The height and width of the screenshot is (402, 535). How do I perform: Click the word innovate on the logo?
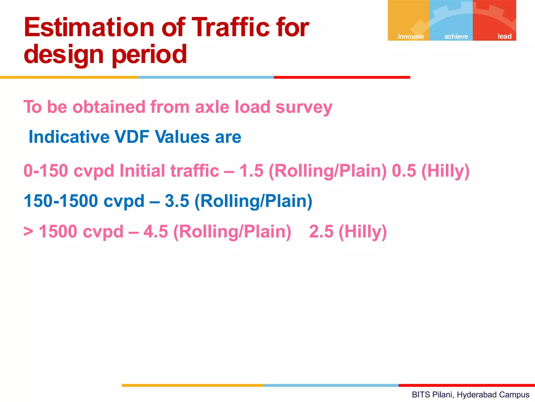tap(411, 36)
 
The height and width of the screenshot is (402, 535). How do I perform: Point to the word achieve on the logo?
tap(456, 36)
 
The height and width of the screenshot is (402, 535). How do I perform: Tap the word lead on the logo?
tap(504, 36)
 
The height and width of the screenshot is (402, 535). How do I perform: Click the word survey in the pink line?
tap(304, 107)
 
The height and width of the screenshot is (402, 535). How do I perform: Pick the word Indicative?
tap(69, 137)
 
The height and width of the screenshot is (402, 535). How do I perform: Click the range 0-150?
tap(46, 171)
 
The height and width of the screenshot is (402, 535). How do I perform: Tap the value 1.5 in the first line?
tap(251, 171)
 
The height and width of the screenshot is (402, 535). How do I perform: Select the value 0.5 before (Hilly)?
tap(404, 171)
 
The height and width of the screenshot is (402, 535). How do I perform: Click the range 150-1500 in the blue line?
tap(61, 201)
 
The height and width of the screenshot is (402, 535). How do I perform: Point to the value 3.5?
tap(177, 201)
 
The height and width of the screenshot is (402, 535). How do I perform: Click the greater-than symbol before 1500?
tap(28, 231)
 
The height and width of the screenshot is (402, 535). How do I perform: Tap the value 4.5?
tap(156, 231)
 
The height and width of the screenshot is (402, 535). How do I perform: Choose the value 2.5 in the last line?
tap(321, 231)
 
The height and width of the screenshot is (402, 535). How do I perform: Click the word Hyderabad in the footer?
tap(473, 395)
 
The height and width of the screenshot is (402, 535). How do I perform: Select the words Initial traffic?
tap(169, 171)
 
